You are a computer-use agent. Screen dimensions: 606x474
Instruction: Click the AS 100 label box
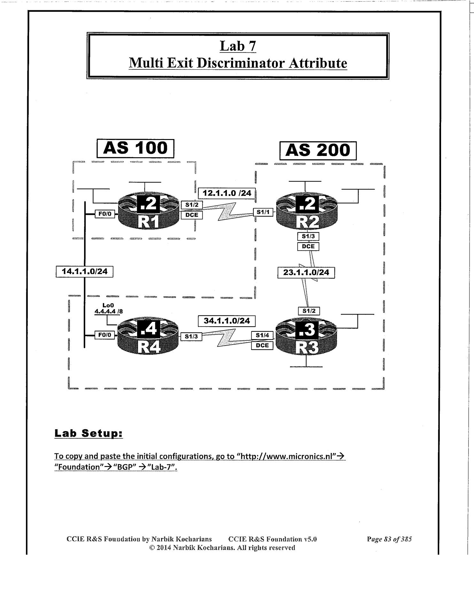click(x=135, y=148)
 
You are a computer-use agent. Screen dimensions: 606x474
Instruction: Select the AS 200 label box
click(x=318, y=151)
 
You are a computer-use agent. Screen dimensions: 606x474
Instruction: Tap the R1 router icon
click(x=148, y=211)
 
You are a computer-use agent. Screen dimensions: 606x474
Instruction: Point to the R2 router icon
click(x=307, y=211)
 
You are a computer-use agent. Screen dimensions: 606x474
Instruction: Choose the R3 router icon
click(x=306, y=337)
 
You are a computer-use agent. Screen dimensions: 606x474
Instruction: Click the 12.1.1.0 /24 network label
click(x=227, y=193)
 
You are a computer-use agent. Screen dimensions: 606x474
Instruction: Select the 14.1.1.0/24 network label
click(x=84, y=272)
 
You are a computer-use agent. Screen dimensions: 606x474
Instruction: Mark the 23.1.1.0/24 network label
click(x=306, y=273)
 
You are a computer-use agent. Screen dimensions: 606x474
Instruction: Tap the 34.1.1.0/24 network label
click(x=227, y=321)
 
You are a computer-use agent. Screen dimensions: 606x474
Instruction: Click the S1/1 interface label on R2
click(x=263, y=212)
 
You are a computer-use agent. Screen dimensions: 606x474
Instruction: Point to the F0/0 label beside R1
click(x=105, y=214)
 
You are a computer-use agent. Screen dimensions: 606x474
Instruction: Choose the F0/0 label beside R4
click(x=105, y=335)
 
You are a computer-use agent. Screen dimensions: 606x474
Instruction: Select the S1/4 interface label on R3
click(x=262, y=335)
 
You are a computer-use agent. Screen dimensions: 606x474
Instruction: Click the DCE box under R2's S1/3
click(x=308, y=246)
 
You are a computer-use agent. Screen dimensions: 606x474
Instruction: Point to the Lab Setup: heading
click(x=89, y=433)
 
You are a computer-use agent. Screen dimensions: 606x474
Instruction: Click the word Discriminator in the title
click(x=240, y=63)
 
